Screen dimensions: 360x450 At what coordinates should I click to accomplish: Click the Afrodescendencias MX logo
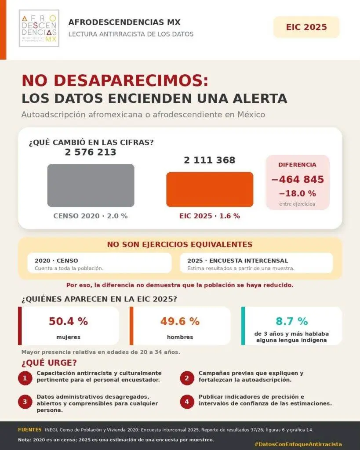point(39,28)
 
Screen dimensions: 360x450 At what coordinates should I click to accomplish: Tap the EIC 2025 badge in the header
point(306,27)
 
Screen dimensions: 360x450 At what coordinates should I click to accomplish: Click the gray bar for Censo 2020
point(91,185)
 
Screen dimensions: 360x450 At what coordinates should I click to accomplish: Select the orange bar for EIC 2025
point(210,189)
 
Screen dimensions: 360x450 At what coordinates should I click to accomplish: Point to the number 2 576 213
point(91,152)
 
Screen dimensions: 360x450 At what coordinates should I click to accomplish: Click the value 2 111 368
point(210,160)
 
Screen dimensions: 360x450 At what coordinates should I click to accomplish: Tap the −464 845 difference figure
point(298,179)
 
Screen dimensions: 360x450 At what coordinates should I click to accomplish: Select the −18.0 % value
point(298,193)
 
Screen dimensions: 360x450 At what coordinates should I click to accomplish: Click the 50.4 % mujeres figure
point(68,321)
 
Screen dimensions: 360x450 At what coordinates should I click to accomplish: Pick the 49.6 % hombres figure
point(180,321)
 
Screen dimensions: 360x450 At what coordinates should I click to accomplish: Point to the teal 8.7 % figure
point(292,321)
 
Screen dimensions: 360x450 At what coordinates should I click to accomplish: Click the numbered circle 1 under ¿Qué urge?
point(25,378)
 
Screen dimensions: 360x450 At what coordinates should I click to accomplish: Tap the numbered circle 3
point(25,402)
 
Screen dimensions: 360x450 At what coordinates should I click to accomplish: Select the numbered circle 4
point(187,402)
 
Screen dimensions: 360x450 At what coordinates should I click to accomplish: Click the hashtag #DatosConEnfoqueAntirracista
point(298,444)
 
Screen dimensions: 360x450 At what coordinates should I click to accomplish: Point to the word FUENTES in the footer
point(30,430)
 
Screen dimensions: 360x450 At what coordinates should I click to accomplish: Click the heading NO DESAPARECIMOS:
point(115,80)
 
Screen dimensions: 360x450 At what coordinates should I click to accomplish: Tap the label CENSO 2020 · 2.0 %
point(91,216)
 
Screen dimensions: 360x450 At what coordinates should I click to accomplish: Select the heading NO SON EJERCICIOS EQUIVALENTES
point(180,244)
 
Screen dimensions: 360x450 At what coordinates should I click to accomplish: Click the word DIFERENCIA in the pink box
point(298,165)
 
